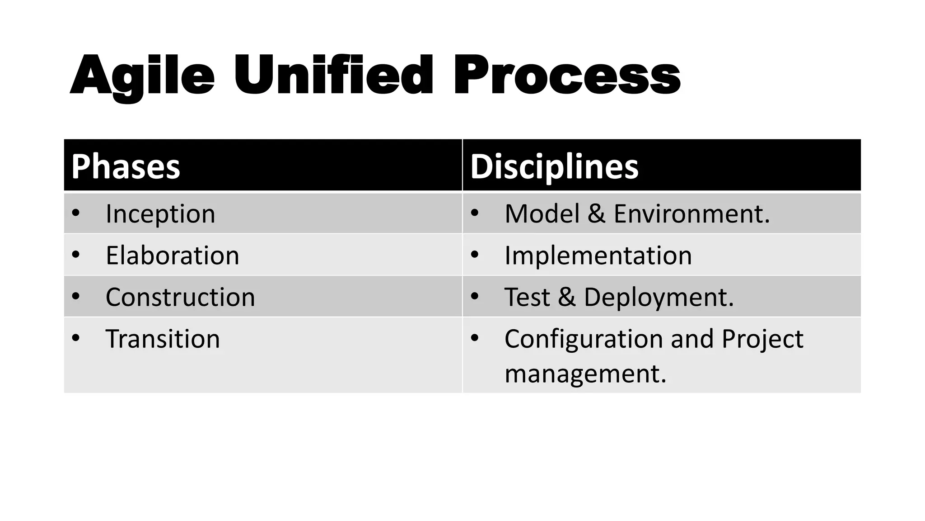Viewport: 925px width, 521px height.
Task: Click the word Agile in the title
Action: (x=142, y=76)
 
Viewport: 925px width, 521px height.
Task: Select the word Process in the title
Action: (x=567, y=76)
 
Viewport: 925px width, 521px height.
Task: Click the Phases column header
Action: (x=126, y=166)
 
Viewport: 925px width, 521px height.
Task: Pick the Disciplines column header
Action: (x=554, y=166)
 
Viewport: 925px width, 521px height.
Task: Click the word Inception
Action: (x=160, y=214)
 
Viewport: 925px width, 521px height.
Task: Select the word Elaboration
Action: (x=172, y=256)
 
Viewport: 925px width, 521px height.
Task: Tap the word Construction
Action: (x=180, y=297)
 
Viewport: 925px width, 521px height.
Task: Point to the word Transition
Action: (x=163, y=339)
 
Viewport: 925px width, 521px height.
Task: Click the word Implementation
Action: (x=598, y=256)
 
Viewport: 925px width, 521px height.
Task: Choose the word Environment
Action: (x=691, y=214)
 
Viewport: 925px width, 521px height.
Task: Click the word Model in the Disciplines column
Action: (x=542, y=214)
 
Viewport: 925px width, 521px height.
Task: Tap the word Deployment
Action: (x=659, y=297)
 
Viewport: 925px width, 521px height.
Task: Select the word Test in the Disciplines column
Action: (x=527, y=297)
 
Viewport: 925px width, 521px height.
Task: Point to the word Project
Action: (x=762, y=339)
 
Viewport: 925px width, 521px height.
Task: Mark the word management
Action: (x=585, y=374)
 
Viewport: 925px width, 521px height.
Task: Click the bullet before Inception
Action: (x=75, y=213)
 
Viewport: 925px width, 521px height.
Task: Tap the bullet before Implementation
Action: (x=474, y=254)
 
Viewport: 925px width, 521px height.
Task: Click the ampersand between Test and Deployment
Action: (x=567, y=297)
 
